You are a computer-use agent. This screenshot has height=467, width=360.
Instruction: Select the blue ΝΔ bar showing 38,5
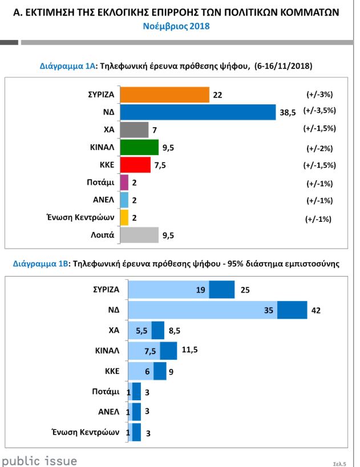(199, 112)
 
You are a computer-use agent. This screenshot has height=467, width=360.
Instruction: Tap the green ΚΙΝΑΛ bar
(140, 148)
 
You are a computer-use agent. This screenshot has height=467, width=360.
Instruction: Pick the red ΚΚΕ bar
(136, 165)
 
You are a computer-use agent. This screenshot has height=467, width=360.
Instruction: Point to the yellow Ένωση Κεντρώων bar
(124, 218)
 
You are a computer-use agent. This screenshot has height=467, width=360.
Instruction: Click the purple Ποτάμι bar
(124, 183)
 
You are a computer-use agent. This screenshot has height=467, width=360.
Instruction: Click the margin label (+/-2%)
(319, 148)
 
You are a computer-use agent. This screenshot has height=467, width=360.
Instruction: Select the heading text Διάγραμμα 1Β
(40, 264)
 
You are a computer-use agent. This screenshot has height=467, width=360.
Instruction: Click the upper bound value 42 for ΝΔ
(317, 310)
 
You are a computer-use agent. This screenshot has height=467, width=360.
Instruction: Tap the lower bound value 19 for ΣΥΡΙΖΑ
(200, 290)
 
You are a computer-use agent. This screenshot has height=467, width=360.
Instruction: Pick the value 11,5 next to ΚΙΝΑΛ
(189, 351)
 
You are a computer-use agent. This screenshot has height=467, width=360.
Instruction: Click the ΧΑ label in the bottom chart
(114, 330)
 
